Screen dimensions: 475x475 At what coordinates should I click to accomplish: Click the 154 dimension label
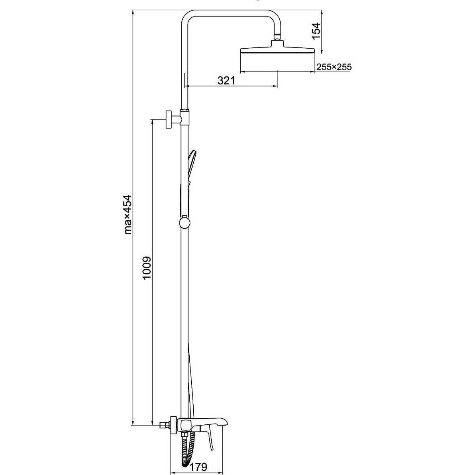tap(316, 31)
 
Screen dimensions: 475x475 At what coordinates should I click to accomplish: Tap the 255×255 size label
tap(334, 67)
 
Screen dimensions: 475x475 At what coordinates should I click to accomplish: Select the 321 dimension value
tap(226, 80)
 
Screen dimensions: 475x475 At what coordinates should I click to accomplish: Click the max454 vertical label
tap(128, 215)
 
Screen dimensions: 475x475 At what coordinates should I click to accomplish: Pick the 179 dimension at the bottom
tap(199, 467)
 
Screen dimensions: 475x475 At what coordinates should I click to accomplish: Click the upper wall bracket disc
tap(169, 119)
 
